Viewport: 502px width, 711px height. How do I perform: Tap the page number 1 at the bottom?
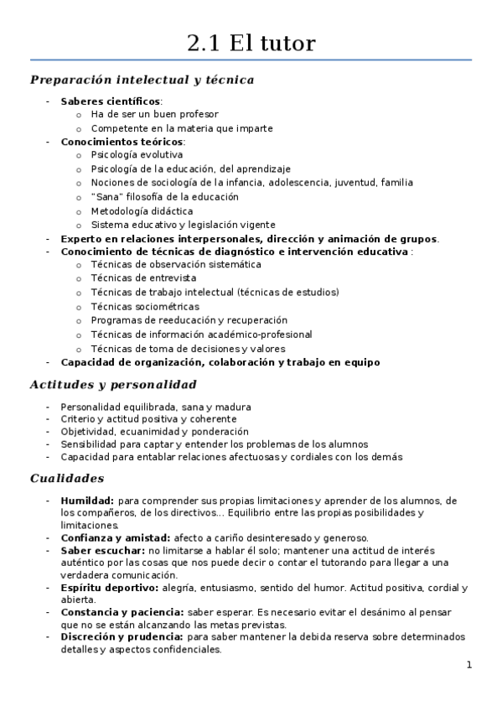(x=469, y=665)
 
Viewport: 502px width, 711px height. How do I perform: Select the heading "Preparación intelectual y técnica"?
(x=142, y=80)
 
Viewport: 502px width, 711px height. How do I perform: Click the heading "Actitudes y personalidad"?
(x=113, y=385)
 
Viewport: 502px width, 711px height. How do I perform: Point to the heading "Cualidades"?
(x=67, y=479)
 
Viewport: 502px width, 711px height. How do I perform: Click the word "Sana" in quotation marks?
(x=106, y=197)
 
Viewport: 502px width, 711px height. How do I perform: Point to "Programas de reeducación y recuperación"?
(x=189, y=320)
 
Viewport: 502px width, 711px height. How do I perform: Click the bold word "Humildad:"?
(x=87, y=501)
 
